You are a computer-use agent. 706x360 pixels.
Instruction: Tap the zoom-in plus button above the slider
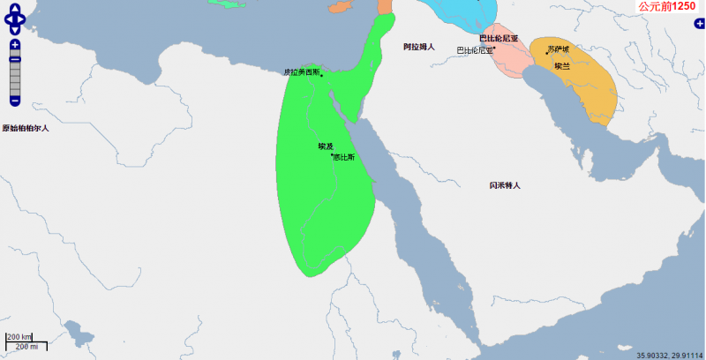tap(15, 44)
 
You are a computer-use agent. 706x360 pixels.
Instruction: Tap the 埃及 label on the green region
tap(326, 146)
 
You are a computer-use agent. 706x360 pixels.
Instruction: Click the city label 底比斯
tap(344, 157)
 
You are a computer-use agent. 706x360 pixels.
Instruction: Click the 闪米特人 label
tap(505, 185)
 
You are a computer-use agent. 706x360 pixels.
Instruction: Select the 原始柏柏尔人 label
tap(26, 128)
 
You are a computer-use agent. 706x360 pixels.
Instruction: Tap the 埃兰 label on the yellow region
tap(562, 66)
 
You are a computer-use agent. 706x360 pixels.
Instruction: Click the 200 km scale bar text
tap(19, 337)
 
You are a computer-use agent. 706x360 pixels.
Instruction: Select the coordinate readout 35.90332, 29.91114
tap(670, 356)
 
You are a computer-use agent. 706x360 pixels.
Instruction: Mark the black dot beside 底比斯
tap(332, 155)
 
